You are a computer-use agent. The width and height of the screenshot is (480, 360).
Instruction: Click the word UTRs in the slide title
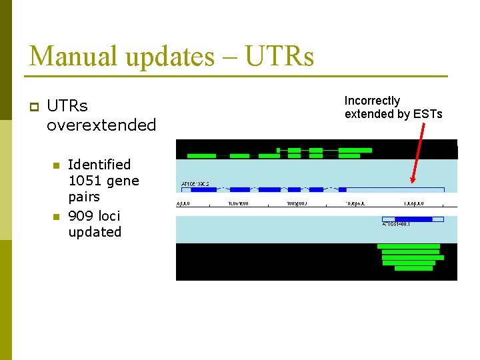tap(279, 56)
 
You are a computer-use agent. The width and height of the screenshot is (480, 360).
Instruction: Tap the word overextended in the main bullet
tap(101, 125)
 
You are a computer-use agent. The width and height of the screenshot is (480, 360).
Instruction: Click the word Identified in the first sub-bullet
tap(99, 164)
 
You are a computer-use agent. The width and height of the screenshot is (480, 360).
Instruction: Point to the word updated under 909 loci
tap(95, 232)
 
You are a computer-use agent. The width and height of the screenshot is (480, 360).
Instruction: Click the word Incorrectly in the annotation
tap(372, 101)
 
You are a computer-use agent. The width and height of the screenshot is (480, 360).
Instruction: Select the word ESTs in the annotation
tap(427, 114)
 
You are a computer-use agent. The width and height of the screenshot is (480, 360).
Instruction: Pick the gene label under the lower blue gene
tap(397, 225)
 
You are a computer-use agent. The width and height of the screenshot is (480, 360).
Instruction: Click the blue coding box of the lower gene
tap(413, 219)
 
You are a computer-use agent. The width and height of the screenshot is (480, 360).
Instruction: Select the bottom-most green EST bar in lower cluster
tap(413, 268)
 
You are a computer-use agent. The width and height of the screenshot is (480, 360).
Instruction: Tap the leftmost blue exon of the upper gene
tap(203, 190)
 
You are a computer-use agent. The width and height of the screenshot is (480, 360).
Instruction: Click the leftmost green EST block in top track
tap(201, 156)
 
